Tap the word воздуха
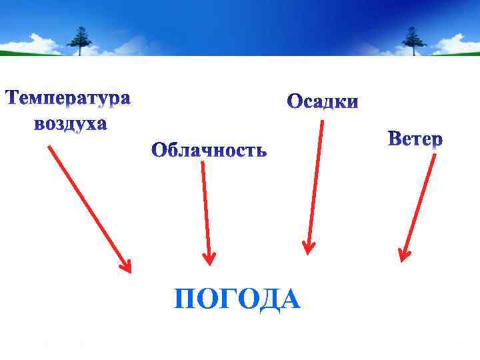point(70,125)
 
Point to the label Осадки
point(323,103)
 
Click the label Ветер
point(415,140)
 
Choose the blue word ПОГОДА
point(237,299)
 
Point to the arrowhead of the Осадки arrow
point(307,249)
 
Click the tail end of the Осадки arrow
point(322,122)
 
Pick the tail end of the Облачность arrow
point(202,164)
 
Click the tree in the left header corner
point(82,40)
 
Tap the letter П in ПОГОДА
point(185,300)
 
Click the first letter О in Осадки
point(295,103)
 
